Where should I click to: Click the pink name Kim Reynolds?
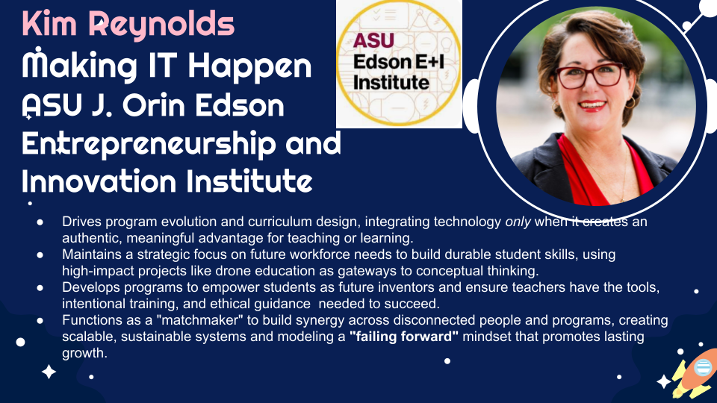coord(128,25)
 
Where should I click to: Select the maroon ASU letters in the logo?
coord(373,40)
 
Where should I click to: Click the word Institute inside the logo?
coord(391,83)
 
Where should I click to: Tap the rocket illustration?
coord(695,372)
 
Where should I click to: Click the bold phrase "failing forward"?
coord(404,337)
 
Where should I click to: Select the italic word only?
coord(518,222)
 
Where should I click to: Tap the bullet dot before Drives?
coord(40,222)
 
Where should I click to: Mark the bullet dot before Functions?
coord(40,321)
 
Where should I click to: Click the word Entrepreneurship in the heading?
coord(149,144)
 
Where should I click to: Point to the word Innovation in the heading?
coord(99,181)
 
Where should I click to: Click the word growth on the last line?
coord(84,353)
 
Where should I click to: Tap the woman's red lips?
coord(592,106)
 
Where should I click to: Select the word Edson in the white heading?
coord(240,105)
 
